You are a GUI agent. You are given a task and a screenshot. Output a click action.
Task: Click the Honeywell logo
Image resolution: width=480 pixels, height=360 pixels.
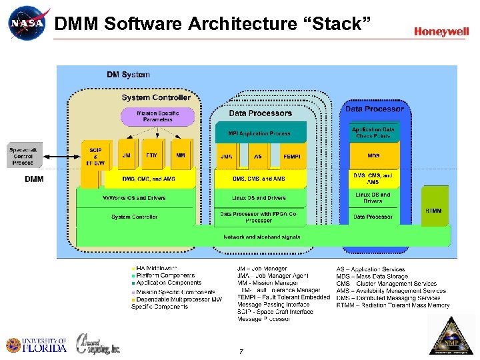441,31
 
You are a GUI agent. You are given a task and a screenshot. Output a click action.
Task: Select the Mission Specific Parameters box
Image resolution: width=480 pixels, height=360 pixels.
158,117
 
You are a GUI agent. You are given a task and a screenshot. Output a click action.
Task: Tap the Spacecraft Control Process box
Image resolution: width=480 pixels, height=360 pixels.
25,156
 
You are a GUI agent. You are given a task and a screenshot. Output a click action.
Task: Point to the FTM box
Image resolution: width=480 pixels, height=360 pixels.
152,155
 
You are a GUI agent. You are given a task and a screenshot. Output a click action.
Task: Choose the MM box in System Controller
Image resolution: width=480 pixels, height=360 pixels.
181,155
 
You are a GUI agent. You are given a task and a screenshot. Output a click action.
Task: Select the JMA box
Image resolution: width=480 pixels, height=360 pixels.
227,155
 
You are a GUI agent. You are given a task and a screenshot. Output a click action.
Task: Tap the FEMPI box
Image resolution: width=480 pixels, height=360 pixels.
292,155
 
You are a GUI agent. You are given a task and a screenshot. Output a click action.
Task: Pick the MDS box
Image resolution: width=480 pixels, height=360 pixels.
373,155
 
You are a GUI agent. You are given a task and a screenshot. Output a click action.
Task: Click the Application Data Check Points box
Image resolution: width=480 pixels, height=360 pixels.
373,133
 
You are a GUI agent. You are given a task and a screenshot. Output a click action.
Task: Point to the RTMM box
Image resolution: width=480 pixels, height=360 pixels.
433,211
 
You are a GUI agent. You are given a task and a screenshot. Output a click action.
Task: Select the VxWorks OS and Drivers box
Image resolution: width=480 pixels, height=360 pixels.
134,198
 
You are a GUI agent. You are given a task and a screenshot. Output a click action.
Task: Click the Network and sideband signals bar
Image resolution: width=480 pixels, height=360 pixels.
261,237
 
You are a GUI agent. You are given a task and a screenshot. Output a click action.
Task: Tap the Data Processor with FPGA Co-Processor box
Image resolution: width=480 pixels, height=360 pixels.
258,217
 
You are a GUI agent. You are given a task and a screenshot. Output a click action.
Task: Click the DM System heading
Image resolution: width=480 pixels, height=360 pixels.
128,75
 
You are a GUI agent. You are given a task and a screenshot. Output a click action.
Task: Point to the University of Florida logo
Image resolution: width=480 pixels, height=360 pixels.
37,345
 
